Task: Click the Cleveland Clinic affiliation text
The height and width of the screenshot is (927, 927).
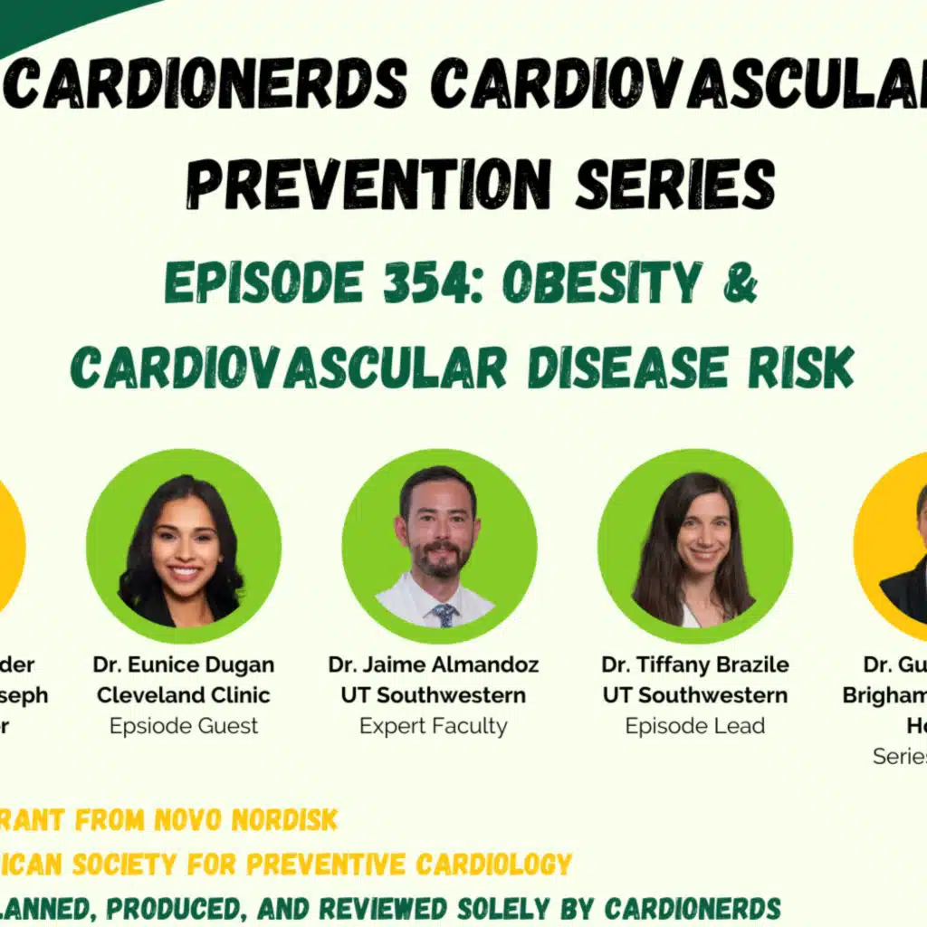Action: click(x=183, y=695)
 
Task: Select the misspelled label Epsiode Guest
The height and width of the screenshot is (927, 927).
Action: click(x=183, y=725)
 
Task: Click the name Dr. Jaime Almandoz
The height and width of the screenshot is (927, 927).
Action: click(x=434, y=664)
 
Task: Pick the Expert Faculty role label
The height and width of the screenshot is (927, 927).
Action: click(x=434, y=725)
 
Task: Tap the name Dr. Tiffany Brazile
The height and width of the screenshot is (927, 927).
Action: click(x=694, y=664)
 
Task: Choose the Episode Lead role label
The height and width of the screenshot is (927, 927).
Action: click(x=694, y=725)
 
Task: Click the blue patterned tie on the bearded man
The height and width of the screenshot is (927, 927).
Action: click(x=444, y=615)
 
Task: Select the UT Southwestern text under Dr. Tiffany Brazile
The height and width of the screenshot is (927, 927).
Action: click(x=694, y=695)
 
